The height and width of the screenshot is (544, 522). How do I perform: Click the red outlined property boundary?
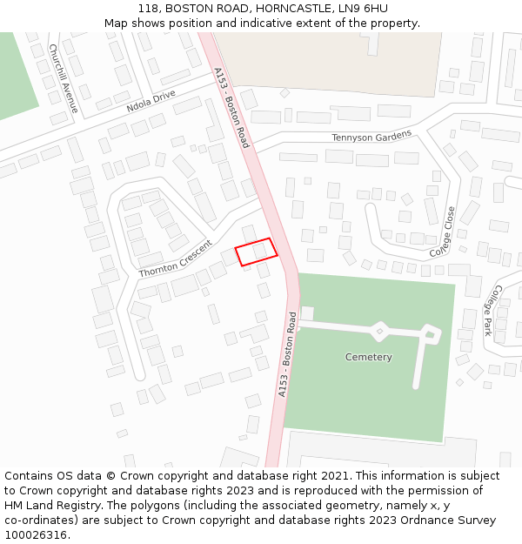pyautogui.click(x=256, y=252)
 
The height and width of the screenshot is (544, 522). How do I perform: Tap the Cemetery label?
pyautogui.click(x=368, y=357)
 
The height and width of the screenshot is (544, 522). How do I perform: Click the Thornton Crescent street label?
pyautogui.click(x=175, y=259)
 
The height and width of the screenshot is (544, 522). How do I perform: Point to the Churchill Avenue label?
pyautogui.click(x=64, y=78)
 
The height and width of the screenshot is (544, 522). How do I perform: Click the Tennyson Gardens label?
pyautogui.click(x=371, y=138)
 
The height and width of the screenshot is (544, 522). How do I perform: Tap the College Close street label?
pyautogui.click(x=443, y=232)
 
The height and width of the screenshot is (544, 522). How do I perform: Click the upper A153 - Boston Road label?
pyautogui.click(x=232, y=107)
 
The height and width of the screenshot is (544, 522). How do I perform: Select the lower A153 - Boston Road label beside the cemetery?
pyautogui.click(x=287, y=354)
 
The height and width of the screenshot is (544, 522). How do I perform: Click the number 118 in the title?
pyautogui.click(x=149, y=9)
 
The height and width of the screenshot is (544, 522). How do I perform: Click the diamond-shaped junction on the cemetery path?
pyautogui.click(x=379, y=331)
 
